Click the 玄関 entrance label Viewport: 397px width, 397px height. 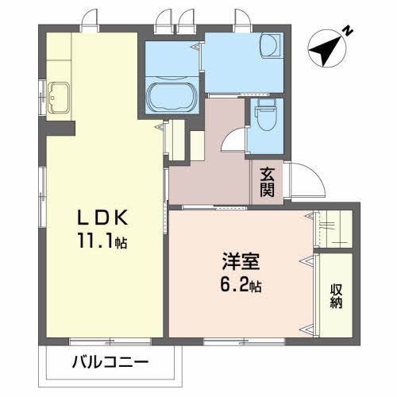pos(266,182)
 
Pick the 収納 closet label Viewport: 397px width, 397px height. pos(337,295)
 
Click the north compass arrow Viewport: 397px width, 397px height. pos(326,50)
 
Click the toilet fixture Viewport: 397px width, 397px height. pos(266,118)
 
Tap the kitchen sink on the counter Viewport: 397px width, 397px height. pos(59,95)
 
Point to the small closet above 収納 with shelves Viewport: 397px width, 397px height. pos(333,229)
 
